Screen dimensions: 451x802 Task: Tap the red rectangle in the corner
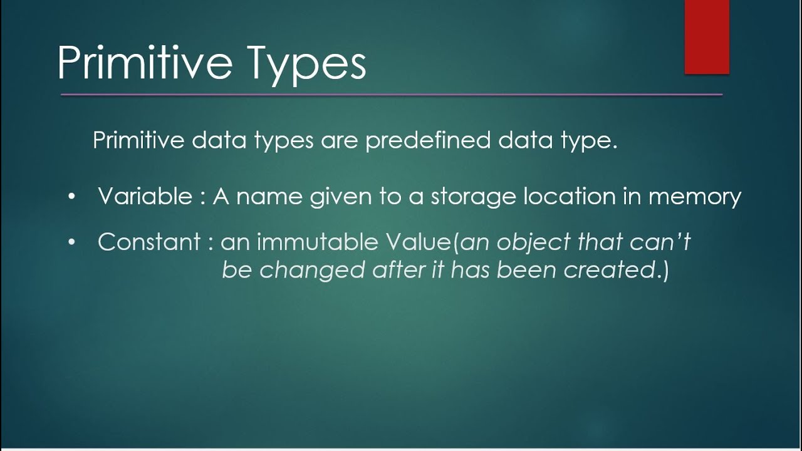pos(707,36)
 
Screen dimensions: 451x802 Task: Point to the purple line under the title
pos(391,95)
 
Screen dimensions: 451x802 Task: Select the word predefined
pos(429,140)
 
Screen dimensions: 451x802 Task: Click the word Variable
pos(145,197)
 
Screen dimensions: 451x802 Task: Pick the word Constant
pos(149,242)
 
